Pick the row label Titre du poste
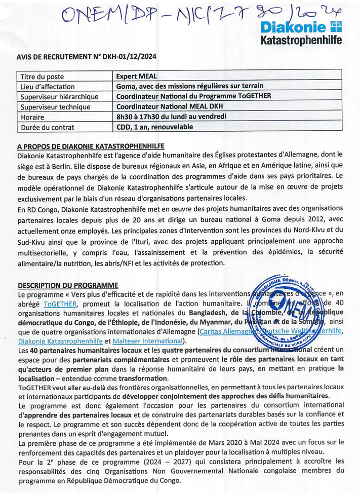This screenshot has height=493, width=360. pyautogui.click(x=42, y=77)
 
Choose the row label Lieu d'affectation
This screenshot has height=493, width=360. pyautogui.click(x=48, y=87)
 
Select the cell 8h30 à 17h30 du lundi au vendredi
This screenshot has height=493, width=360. pyautogui.click(x=171, y=117)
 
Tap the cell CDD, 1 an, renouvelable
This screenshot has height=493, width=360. pyautogui.click(x=154, y=127)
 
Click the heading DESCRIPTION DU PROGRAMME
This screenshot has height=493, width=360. pyautogui.click(x=68, y=285)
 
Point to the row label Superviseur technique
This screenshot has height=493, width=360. pyautogui.click(x=55, y=107)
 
